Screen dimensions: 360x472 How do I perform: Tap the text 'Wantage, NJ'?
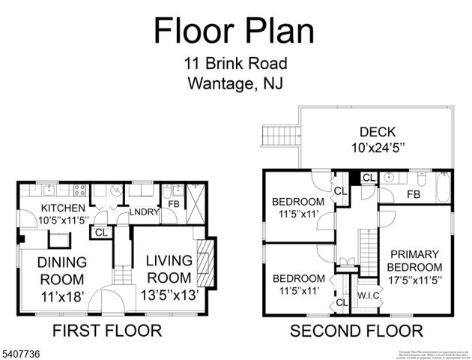click(x=235, y=83)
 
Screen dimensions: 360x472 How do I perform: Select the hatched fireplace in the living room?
click(x=205, y=259)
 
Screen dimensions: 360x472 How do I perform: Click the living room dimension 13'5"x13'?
click(x=169, y=295)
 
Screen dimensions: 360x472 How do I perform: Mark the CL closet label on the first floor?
click(x=100, y=232)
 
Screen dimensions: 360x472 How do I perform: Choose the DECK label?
click(x=378, y=131)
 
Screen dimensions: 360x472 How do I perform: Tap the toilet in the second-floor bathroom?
click(x=422, y=181)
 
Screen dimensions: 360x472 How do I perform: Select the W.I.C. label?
click(x=369, y=295)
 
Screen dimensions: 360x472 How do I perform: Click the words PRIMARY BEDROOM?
click(x=414, y=261)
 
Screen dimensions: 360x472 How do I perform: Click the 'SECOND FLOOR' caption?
click(x=356, y=330)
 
